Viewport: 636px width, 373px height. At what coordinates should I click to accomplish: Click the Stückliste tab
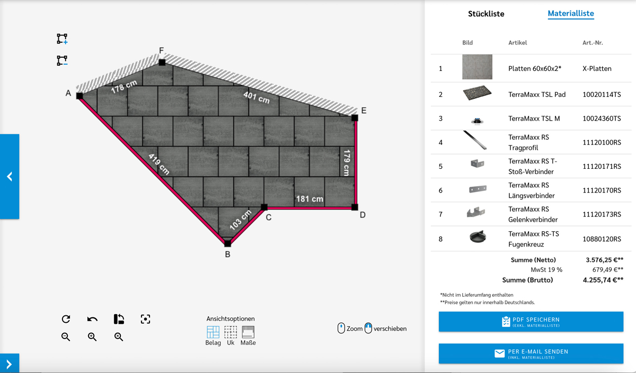click(x=486, y=14)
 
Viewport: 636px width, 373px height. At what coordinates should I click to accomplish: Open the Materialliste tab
click(x=571, y=13)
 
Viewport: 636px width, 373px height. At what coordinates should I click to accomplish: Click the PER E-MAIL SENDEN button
click(x=531, y=353)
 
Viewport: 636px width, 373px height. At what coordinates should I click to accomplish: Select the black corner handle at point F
click(x=162, y=62)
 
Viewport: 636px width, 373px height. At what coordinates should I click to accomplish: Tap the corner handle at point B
click(x=228, y=243)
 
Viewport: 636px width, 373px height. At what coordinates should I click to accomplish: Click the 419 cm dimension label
click(x=159, y=164)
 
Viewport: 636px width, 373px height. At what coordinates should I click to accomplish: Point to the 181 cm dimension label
click(x=310, y=199)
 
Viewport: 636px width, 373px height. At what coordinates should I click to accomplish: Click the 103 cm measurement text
click(x=240, y=220)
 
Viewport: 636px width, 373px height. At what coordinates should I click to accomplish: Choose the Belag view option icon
click(x=213, y=332)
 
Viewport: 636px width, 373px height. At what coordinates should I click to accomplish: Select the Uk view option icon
click(x=231, y=332)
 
